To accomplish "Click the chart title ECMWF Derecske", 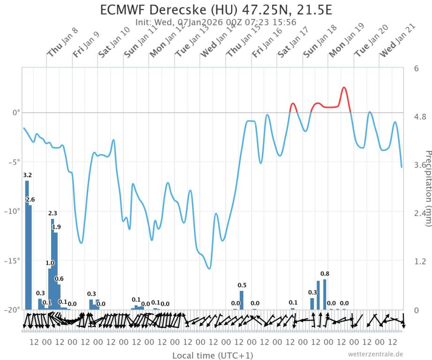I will pos(216,10).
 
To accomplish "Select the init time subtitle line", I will pos(216,22).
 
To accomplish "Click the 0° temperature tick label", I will pos(15,113).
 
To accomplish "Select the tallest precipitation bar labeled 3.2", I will pos(27,244).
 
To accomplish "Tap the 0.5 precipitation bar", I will pos(242,300).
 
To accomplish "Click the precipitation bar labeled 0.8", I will pos(325,294).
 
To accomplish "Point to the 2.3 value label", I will pos(53,213).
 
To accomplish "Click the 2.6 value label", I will pos(30,200).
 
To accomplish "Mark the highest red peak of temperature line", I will pos(344,88).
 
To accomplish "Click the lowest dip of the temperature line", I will pos(209,269).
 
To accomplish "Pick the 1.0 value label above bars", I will pos(50,263).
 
